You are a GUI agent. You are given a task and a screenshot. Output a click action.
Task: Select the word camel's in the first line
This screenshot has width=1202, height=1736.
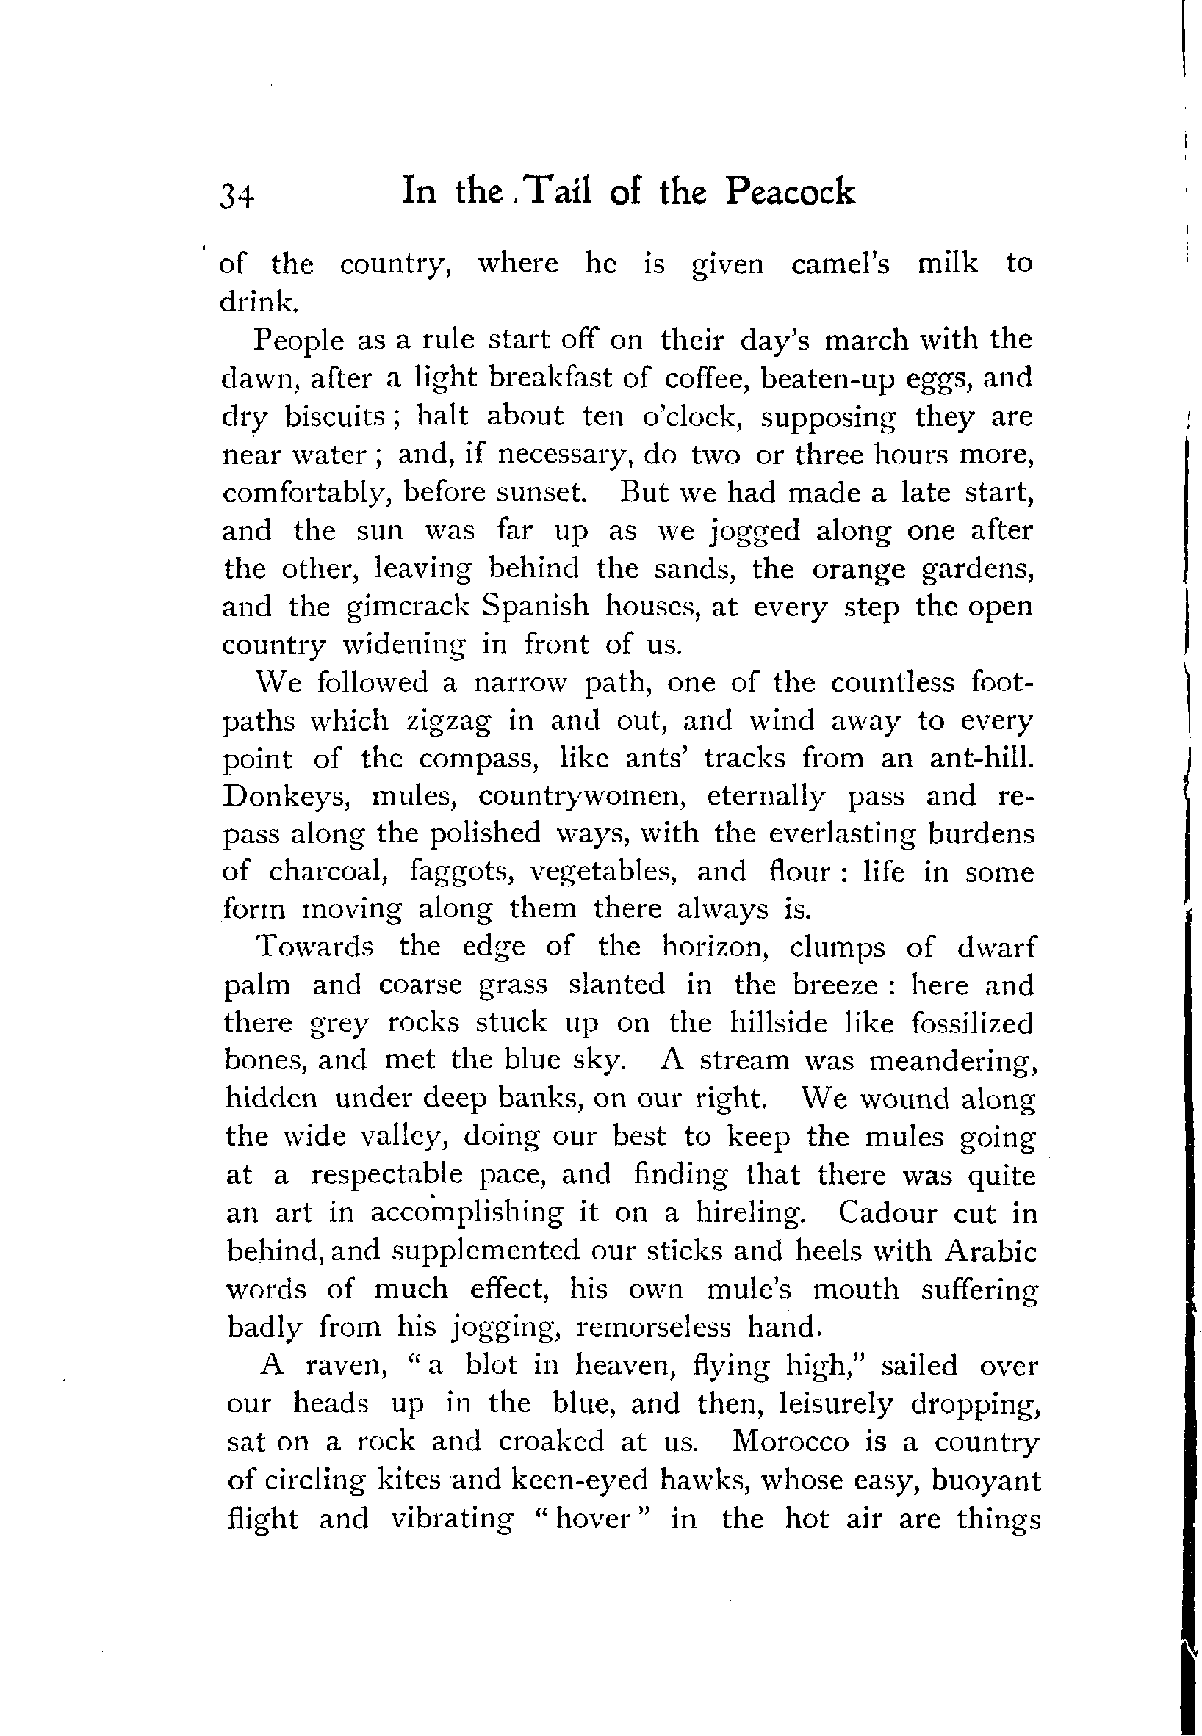841,264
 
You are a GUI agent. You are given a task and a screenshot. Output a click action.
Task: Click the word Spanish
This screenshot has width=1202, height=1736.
536,606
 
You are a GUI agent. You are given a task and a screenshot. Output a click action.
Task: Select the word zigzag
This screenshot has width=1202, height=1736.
448,721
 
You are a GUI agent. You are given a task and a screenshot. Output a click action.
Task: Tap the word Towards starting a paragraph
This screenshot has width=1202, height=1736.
316,947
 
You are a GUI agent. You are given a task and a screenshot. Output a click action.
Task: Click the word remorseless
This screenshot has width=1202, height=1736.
653,1326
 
